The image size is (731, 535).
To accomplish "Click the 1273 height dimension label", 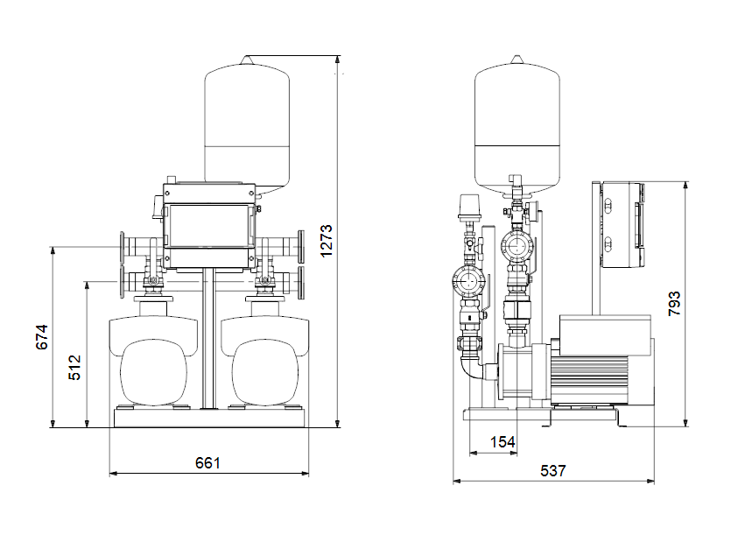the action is click(327, 241).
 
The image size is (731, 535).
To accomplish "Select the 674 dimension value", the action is click(42, 337).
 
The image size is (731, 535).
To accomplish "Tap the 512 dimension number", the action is click(74, 368).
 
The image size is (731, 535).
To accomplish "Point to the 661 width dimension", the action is click(207, 462).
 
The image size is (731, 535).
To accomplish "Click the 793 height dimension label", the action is click(674, 304).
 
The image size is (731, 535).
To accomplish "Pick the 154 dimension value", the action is click(503, 441).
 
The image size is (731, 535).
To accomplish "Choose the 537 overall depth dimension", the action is click(553, 470).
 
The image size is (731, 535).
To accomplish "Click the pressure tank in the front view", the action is click(247, 125).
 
